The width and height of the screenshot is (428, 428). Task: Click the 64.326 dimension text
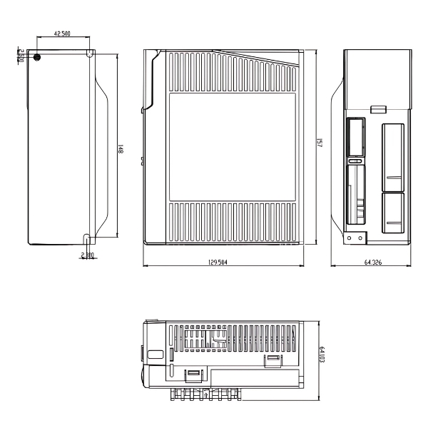point(372,263)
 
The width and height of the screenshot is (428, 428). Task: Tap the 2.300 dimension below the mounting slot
point(87,254)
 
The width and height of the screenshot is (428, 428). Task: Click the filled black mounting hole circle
point(38,57)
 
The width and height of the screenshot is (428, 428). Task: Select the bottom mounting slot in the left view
point(86,238)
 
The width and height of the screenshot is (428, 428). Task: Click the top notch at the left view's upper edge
point(89,53)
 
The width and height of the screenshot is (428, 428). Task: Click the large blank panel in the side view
point(233,147)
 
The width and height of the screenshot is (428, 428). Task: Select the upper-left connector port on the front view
point(355,136)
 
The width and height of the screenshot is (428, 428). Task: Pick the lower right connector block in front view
point(392,213)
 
